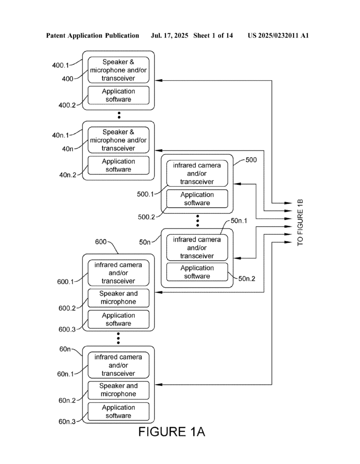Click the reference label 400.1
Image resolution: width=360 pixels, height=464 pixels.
click(62, 65)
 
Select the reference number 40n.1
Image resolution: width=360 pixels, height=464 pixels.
click(62, 135)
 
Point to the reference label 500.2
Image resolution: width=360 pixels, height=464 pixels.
click(146, 217)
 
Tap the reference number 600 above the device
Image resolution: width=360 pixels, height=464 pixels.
click(101, 242)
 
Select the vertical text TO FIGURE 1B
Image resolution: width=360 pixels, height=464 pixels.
click(300, 222)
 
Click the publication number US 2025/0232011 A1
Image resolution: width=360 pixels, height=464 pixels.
click(278, 35)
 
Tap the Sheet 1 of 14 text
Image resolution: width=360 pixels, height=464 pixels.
click(213, 35)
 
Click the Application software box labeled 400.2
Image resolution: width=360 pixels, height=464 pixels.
click(118, 95)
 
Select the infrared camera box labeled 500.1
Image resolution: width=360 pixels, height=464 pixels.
click(197, 174)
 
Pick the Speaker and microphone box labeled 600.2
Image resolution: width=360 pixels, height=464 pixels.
click(118, 298)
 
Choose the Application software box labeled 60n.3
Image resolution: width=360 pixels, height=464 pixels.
click(118, 411)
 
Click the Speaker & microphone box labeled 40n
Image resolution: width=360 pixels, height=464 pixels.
click(118, 140)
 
